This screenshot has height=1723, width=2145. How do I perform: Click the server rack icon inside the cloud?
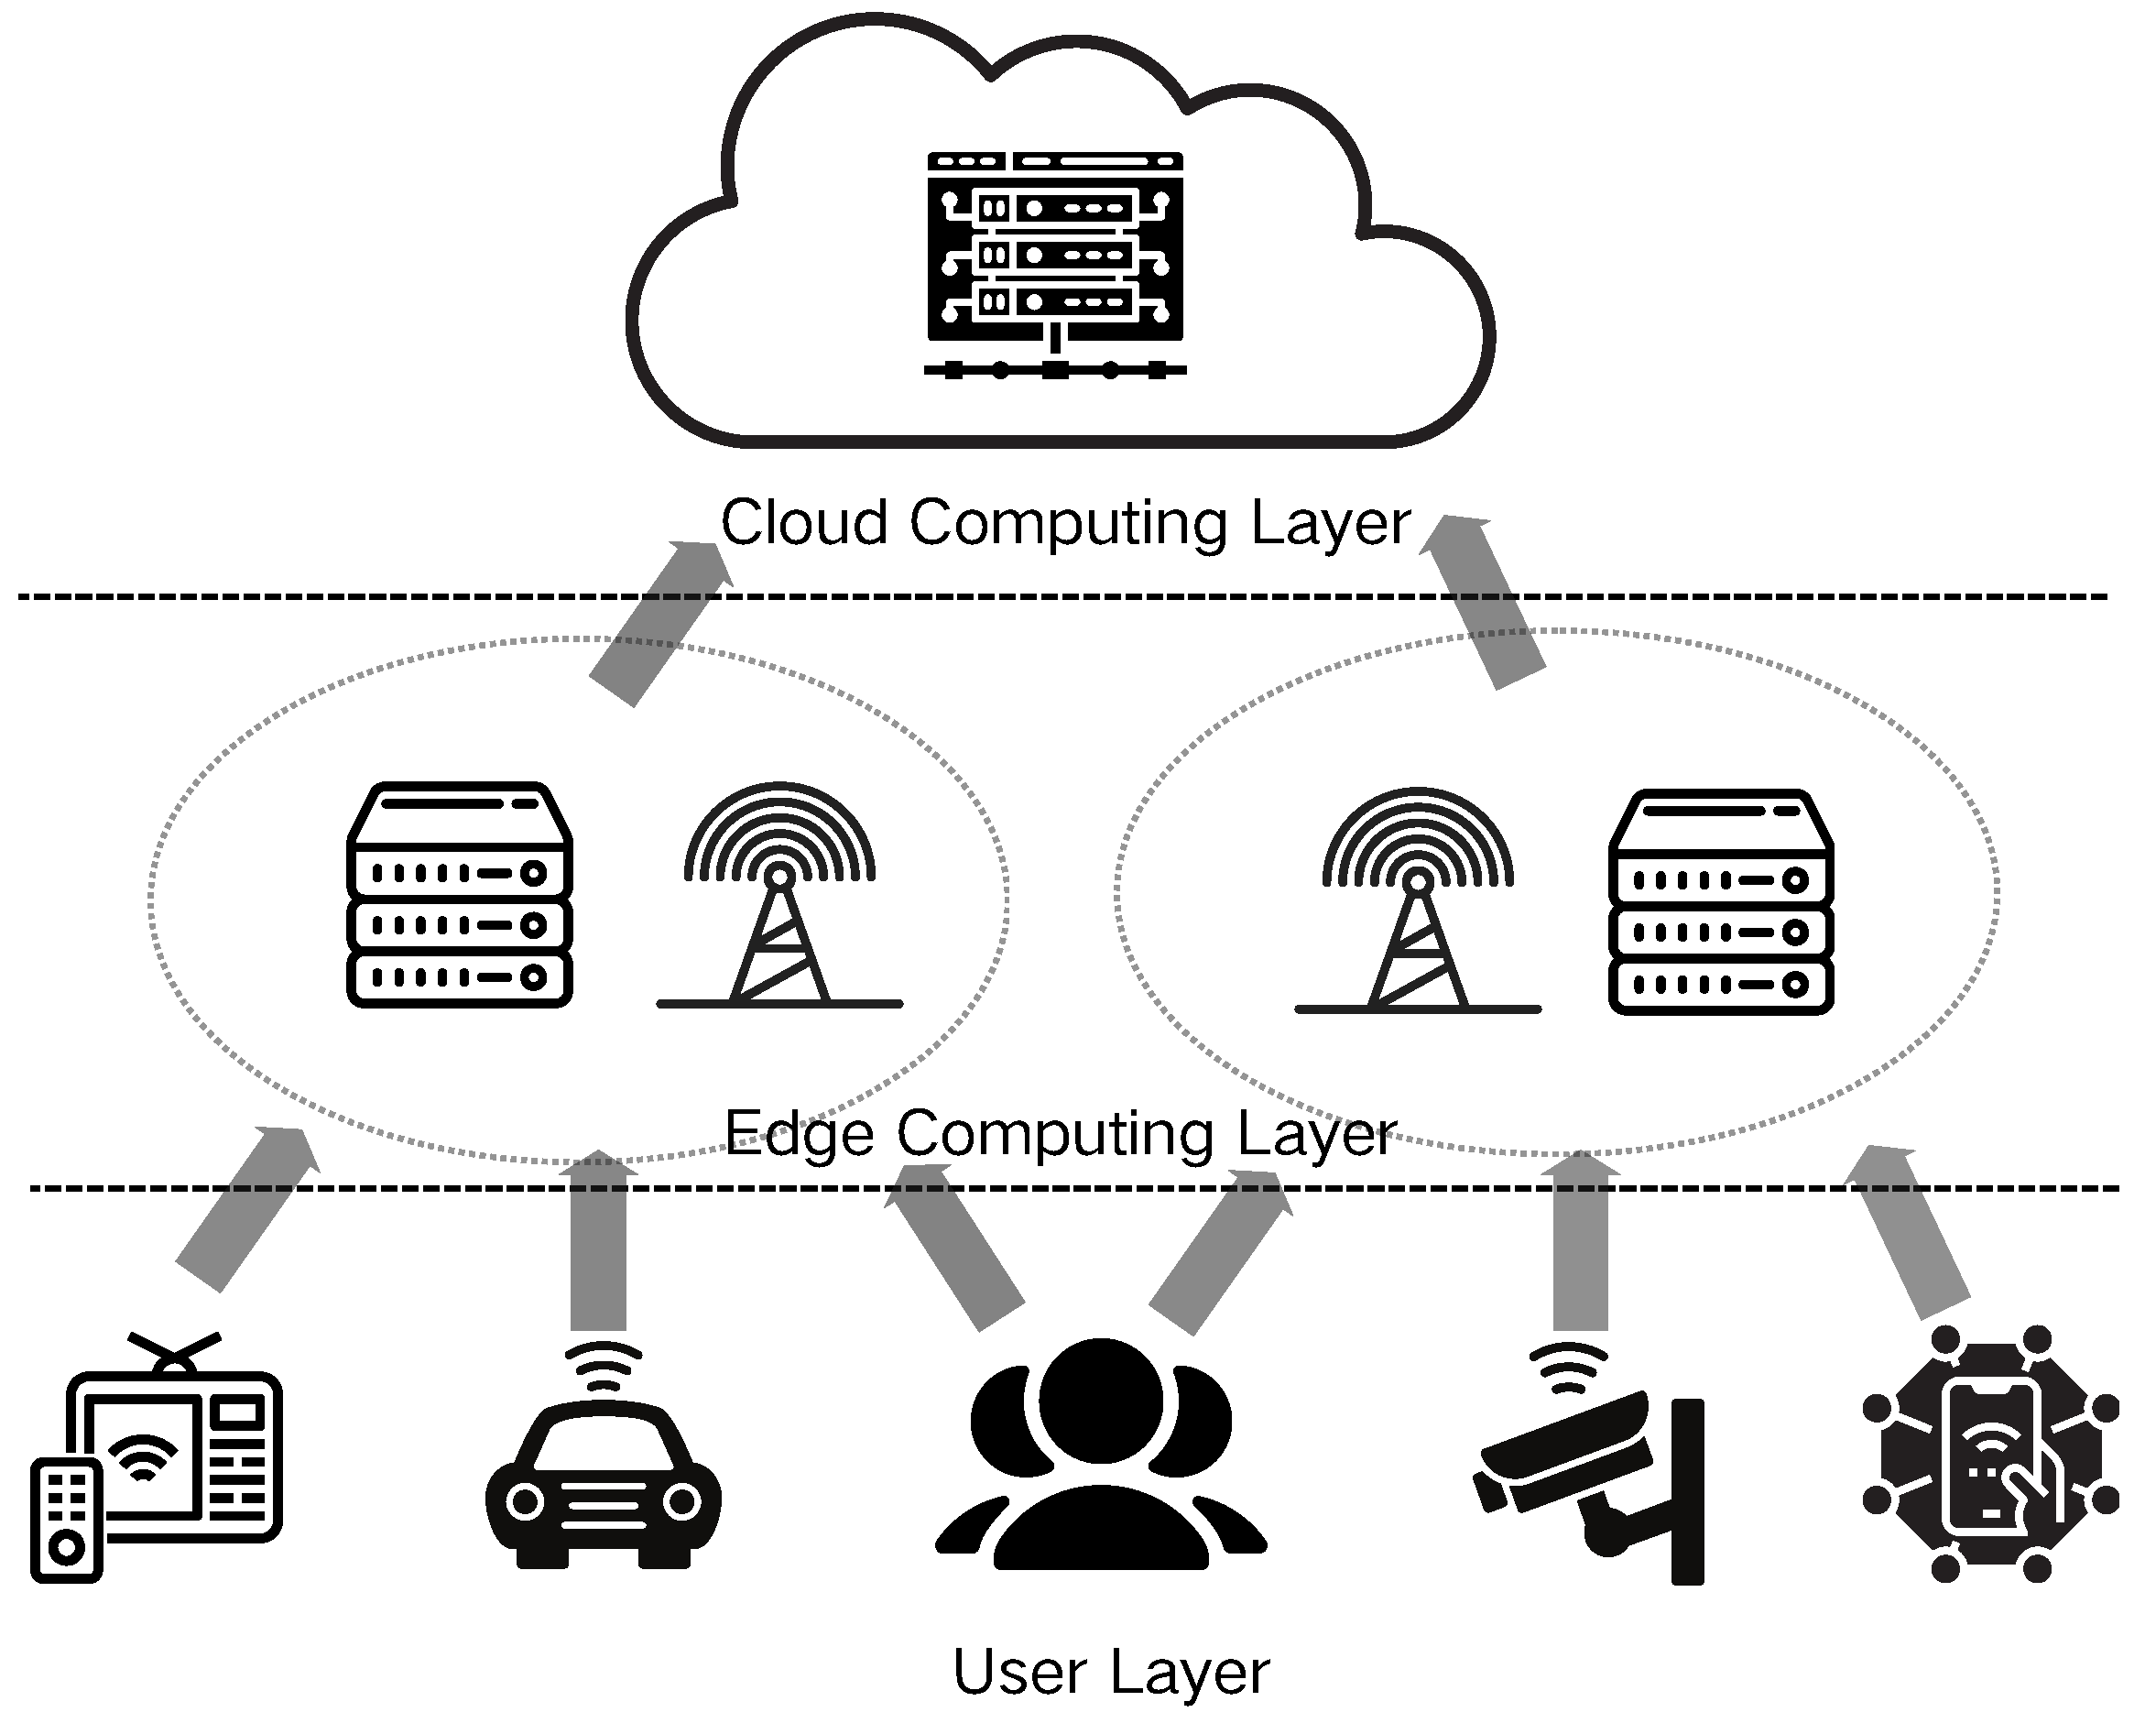click(1054, 264)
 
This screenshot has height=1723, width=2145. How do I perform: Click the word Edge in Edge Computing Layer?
click(799, 1133)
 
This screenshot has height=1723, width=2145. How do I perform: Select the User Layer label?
click(1110, 1672)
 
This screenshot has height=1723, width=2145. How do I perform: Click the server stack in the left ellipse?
click(459, 895)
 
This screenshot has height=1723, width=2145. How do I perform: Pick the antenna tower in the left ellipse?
click(779, 895)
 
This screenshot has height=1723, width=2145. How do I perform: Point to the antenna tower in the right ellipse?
click(1417, 900)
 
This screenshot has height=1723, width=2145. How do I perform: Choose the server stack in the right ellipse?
click(1720, 902)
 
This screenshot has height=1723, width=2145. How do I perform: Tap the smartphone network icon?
click(1990, 1453)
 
